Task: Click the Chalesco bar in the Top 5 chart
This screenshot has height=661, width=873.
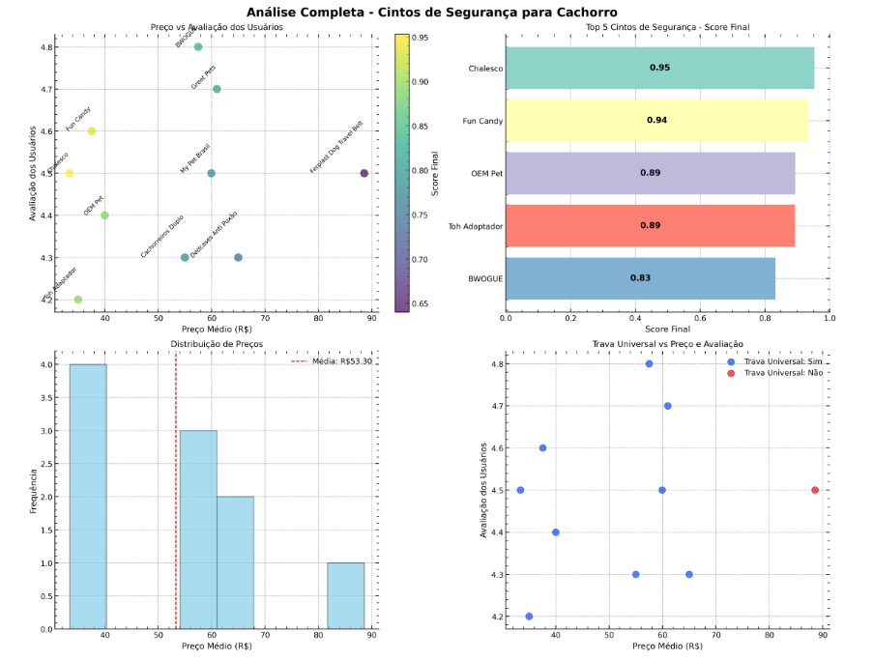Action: pyautogui.click(x=659, y=69)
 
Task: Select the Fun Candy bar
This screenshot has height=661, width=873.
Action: pyautogui.click(x=656, y=121)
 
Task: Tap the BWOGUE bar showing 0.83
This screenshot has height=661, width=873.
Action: pyautogui.click(x=640, y=278)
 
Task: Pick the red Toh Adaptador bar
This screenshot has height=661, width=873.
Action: pyautogui.click(x=650, y=225)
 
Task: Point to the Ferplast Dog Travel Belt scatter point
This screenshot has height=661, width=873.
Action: pyautogui.click(x=364, y=173)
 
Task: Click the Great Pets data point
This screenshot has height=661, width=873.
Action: pyautogui.click(x=217, y=89)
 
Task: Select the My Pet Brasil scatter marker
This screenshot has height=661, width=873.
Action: pyautogui.click(x=211, y=173)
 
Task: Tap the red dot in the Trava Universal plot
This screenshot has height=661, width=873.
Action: pyautogui.click(x=815, y=490)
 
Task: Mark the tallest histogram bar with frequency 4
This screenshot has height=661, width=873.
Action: pyautogui.click(x=88, y=497)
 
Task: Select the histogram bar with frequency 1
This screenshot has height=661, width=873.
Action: pyautogui.click(x=345, y=595)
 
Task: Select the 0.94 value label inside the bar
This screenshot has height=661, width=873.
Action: pyautogui.click(x=656, y=121)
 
